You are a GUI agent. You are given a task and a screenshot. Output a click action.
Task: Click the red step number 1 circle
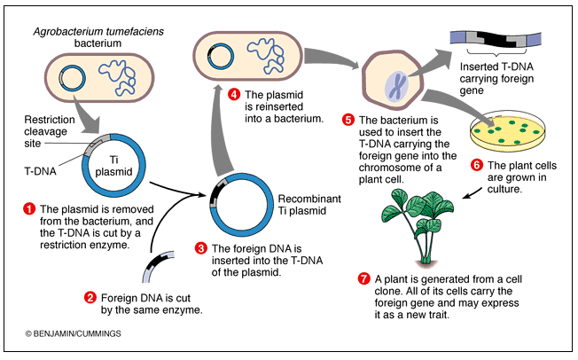click(29, 208)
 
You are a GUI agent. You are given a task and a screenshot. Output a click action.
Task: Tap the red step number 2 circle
click(90, 297)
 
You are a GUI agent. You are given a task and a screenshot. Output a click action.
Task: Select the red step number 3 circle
click(201, 248)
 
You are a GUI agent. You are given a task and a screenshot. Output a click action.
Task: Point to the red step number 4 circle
click(234, 94)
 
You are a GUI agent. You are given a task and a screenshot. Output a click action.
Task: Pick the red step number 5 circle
click(348, 120)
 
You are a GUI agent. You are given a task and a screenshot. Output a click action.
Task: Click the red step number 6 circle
click(477, 165)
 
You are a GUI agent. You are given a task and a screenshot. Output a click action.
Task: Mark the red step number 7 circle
click(363, 278)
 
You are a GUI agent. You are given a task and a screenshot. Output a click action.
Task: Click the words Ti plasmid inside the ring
click(113, 166)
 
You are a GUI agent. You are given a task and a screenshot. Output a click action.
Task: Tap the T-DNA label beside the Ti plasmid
click(40, 171)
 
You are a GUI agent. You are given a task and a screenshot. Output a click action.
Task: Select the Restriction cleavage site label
click(50, 131)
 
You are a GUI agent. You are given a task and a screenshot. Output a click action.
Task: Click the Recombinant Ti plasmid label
click(309, 205)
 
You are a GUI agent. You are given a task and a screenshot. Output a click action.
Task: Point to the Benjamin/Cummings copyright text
click(73, 333)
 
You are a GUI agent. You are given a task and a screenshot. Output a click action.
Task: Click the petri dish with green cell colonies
click(508, 131)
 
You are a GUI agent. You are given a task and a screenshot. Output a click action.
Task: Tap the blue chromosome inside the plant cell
click(396, 87)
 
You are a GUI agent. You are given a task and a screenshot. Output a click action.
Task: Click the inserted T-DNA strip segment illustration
click(496, 40)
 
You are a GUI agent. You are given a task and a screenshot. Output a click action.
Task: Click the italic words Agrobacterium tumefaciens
click(98, 32)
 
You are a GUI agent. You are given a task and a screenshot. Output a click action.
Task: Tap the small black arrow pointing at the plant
click(472, 193)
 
